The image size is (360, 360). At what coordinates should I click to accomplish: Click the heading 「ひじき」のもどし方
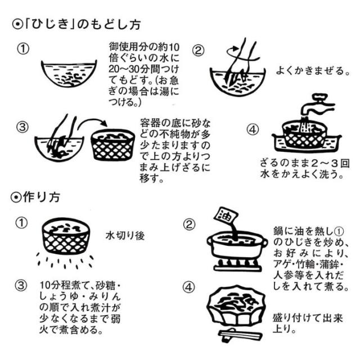[x=76, y=25]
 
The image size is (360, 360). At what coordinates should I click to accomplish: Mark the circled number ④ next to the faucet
[x=253, y=129]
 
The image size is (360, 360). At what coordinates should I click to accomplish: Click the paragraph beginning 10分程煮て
[x=84, y=307]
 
